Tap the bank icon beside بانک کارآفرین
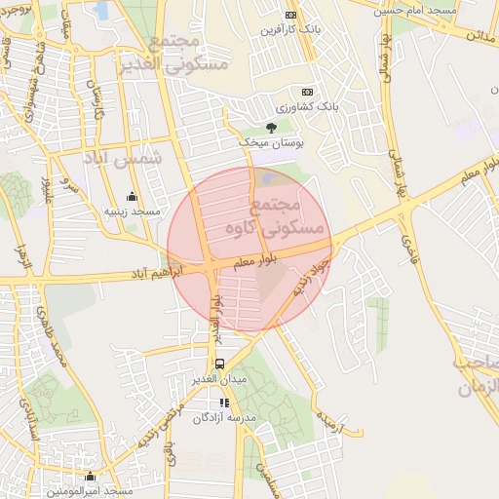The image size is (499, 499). [290, 15]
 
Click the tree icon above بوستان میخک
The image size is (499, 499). [272, 127]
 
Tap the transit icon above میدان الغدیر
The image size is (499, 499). [218, 364]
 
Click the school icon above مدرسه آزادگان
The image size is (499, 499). [224, 403]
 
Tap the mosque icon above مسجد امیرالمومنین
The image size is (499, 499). [91, 477]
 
